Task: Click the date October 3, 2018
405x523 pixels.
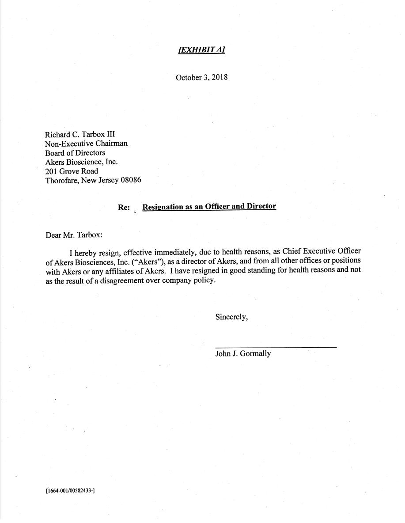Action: tap(202, 77)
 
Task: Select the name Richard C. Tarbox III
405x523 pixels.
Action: tap(80, 134)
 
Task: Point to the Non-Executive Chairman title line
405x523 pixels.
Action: tap(86, 144)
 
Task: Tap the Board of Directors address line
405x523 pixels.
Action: tap(75, 153)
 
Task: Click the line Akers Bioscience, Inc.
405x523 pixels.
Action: tap(81, 162)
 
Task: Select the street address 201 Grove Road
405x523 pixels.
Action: tap(72, 171)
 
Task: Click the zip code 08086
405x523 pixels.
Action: tap(131, 180)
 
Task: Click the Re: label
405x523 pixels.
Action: tap(124, 207)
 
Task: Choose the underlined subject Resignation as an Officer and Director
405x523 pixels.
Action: tap(209, 206)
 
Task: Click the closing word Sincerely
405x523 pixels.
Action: tap(231, 317)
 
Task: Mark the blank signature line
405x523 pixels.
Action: tap(276, 347)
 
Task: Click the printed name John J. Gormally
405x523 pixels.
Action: tap(243, 353)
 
